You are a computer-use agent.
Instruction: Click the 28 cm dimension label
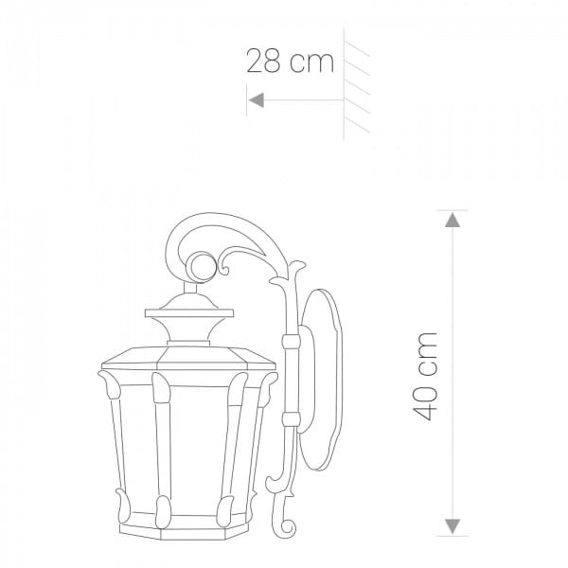coord(290,62)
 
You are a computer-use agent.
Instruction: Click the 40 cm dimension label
coord(425,376)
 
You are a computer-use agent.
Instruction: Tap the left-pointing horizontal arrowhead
coord(257,99)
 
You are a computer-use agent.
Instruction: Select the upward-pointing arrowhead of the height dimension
coord(453,220)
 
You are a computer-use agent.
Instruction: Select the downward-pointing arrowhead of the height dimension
coord(453,526)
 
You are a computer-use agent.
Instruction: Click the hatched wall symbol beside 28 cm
coord(356,84)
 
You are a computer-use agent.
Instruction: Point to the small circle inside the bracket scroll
coord(202,267)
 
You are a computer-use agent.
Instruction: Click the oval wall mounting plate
coord(322,380)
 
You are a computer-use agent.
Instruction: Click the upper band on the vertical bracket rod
coord(292,341)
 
